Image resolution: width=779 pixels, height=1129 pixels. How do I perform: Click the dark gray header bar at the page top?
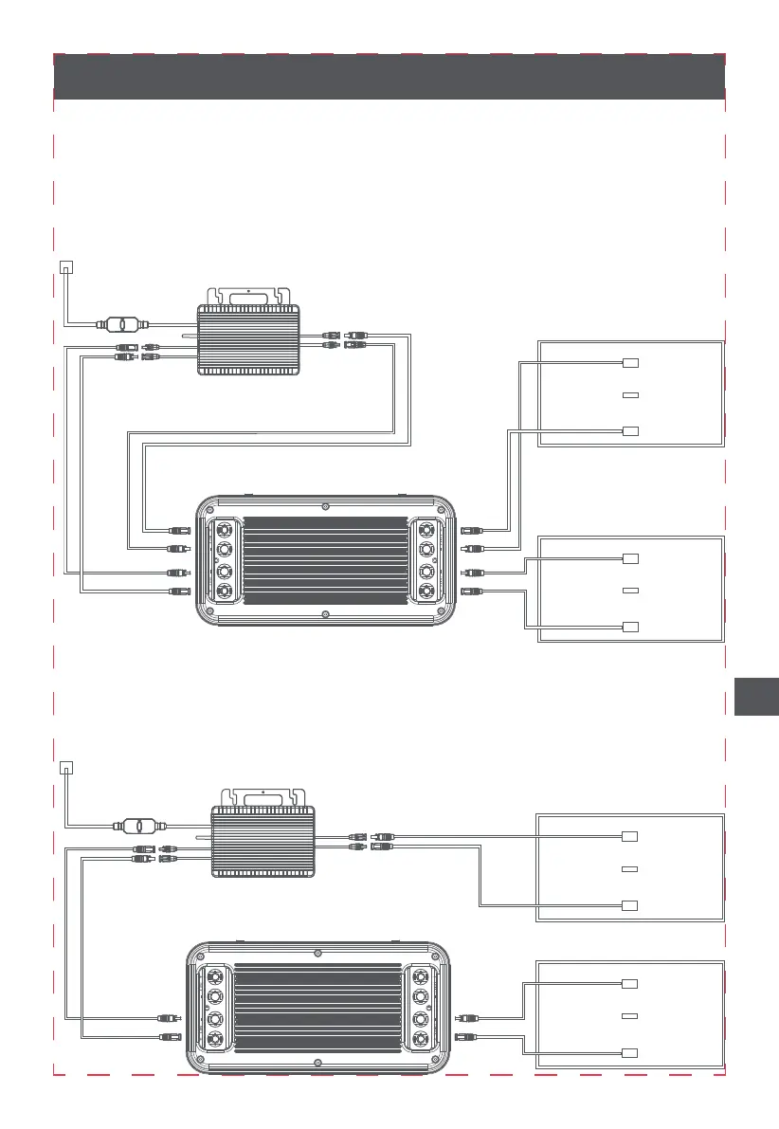(x=389, y=77)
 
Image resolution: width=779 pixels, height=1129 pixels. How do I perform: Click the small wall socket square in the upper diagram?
(x=64, y=266)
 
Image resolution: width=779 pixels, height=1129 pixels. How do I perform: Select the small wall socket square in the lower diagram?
(x=64, y=766)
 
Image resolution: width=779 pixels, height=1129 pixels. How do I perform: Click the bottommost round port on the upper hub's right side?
(x=426, y=592)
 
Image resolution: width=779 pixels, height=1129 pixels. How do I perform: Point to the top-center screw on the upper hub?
(x=326, y=505)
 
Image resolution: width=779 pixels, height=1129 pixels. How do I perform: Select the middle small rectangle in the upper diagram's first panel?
(x=630, y=394)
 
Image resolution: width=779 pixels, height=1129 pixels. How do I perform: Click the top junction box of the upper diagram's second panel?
(x=631, y=557)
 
